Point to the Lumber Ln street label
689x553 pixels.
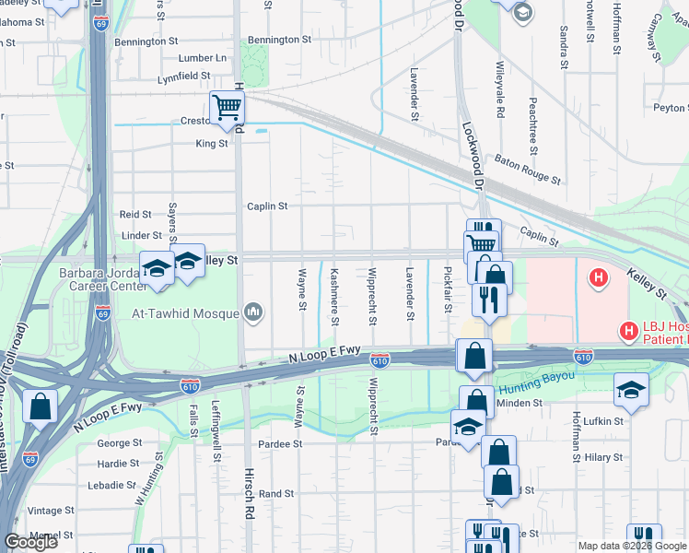pyautogui.click(x=203, y=57)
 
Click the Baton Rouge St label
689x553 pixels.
pyautogui.click(x=528, y=168)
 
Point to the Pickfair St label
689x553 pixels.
pyautogui.click(x=448, y=288)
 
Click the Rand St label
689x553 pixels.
pyautogui.click(x=276, y=494)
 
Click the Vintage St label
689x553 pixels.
pyautogui.click(x=51, y=511)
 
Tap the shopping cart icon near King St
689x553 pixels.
pyautogui.click(x=226, y=107)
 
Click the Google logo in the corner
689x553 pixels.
pyautogui.click(x=30, y=542)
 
